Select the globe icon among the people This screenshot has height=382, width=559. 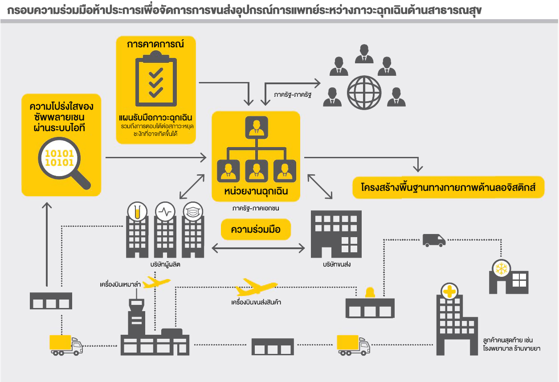pos(364,92)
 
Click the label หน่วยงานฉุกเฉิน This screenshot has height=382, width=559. pos(256,191)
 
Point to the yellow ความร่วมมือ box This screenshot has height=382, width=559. pos(256,230)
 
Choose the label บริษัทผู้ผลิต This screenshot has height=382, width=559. pos(165,264)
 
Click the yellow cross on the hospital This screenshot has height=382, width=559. pos(450,292)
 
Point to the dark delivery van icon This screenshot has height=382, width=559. pos(434,240)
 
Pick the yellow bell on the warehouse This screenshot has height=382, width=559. pos(370,292)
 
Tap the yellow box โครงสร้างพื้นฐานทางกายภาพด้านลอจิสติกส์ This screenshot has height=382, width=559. pos(448,188)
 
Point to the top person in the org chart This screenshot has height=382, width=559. pos(256,127)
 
